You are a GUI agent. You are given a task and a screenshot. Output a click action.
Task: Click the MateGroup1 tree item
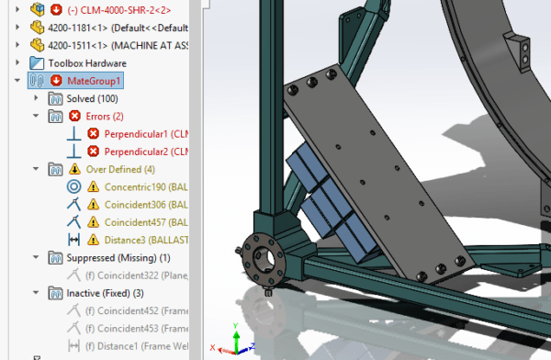(95, 81)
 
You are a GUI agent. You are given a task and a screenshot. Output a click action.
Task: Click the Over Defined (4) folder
(119, 169)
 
